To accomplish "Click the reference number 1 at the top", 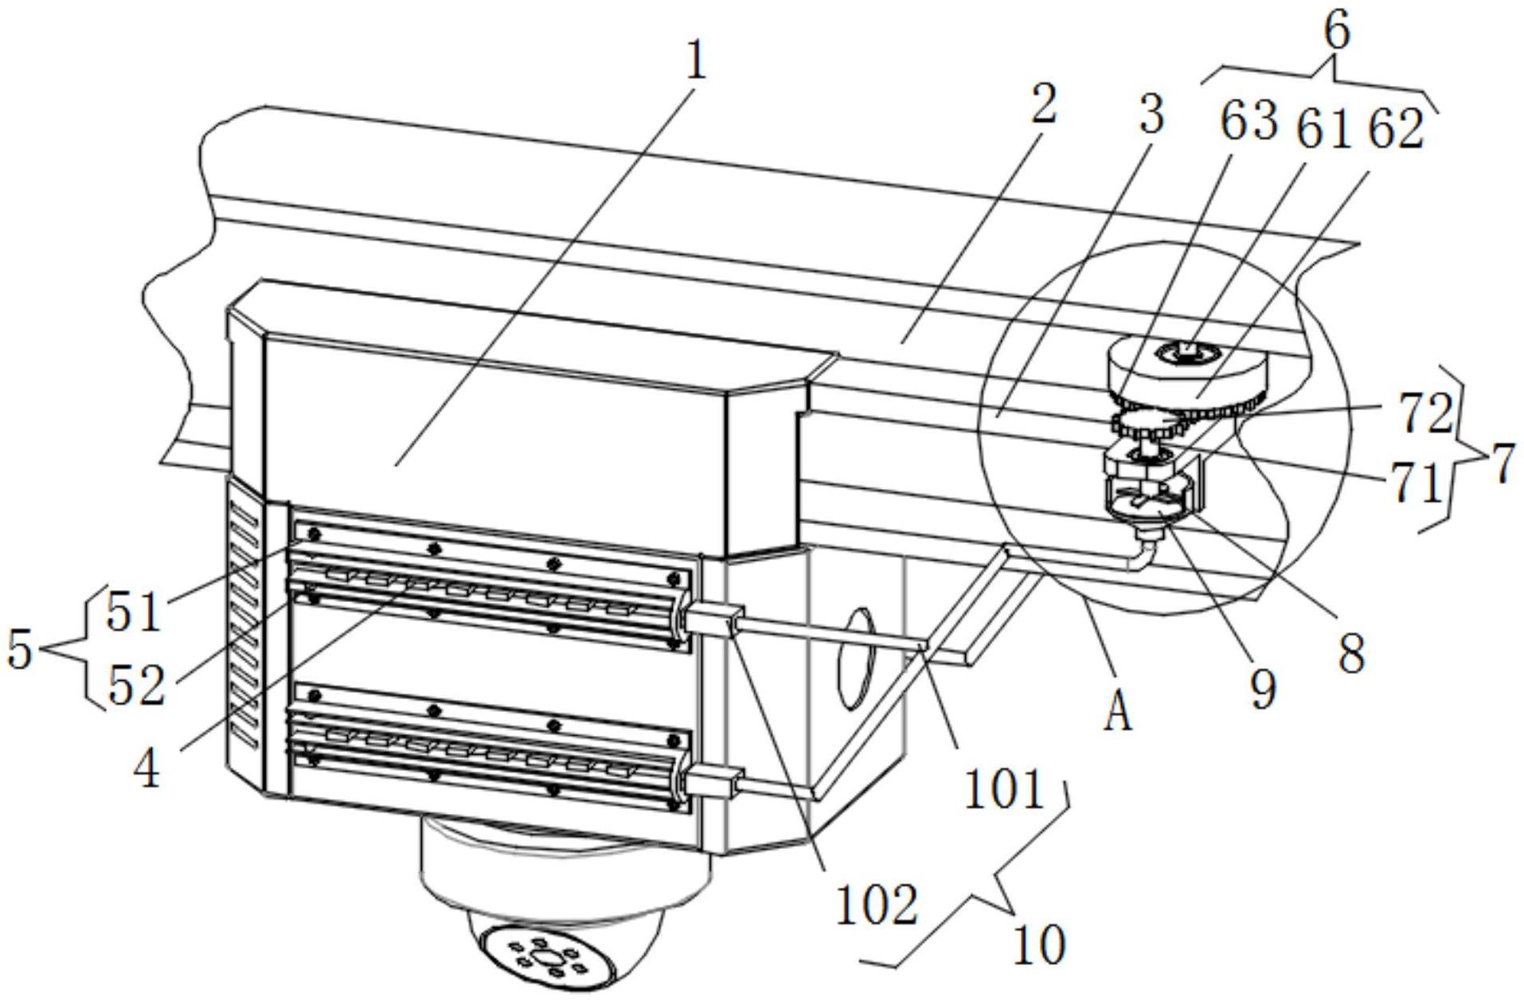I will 696,62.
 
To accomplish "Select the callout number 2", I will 1044,104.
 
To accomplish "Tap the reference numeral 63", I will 1249,123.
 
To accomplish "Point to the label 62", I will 1393,130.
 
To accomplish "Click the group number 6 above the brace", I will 1337,32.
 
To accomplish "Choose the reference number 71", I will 1418,483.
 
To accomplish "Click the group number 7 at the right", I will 1502,466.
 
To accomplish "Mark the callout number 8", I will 1352,654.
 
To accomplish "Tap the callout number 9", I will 1263,689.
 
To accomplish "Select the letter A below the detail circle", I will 1118,711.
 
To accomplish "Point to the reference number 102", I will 877,905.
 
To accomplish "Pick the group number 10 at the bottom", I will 1039,945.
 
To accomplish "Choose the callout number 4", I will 147,770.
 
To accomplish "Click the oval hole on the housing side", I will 856,659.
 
